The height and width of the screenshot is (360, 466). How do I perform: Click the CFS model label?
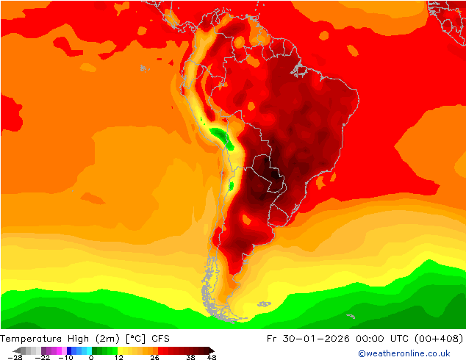(161, 339)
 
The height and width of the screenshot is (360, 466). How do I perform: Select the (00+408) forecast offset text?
(444, 339)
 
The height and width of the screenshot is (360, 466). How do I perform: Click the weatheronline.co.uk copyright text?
(404, 353)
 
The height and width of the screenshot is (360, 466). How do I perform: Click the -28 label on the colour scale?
(15, 357)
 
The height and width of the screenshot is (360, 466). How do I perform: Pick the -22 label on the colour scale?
(43, 357)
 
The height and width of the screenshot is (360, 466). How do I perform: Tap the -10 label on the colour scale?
(67, 357)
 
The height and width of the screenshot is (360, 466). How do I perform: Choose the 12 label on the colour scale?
(118, 357)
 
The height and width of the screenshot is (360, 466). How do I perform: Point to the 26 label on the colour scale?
(155, 357)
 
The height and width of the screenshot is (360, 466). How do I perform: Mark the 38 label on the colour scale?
(190, 357)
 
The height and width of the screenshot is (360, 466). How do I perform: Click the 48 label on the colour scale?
(212, 357)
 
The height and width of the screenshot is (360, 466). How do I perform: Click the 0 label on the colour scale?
(91, 357)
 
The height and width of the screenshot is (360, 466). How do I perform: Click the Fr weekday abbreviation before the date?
(294, 339)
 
